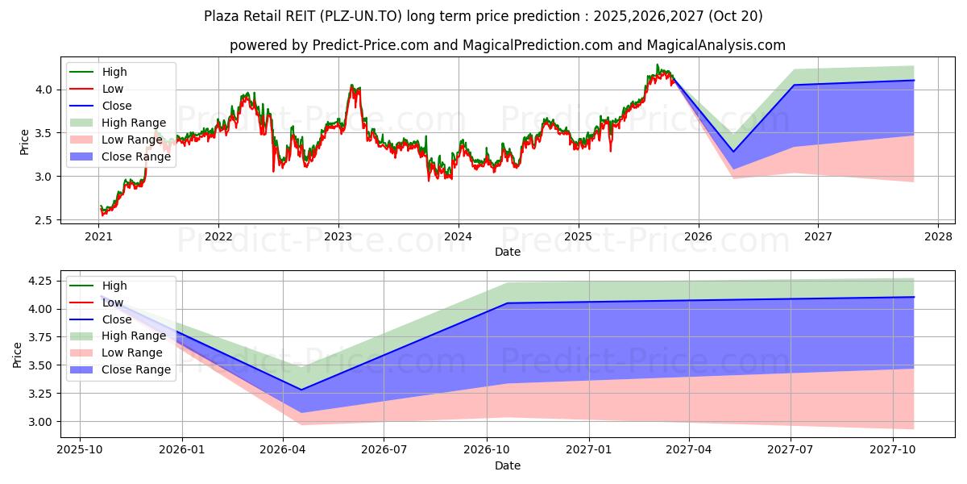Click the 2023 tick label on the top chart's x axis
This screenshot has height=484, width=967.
pos(338,237)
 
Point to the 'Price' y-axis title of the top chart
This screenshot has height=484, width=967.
pos(24,142)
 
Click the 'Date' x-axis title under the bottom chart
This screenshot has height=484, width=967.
pos(507,465)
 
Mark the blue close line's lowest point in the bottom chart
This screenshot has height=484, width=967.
pos(301,390)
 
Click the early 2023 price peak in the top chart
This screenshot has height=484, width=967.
pos(351,85)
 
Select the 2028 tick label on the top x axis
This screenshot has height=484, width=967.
pos(938,237)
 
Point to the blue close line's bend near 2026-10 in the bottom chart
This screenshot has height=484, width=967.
pos(508,303)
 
